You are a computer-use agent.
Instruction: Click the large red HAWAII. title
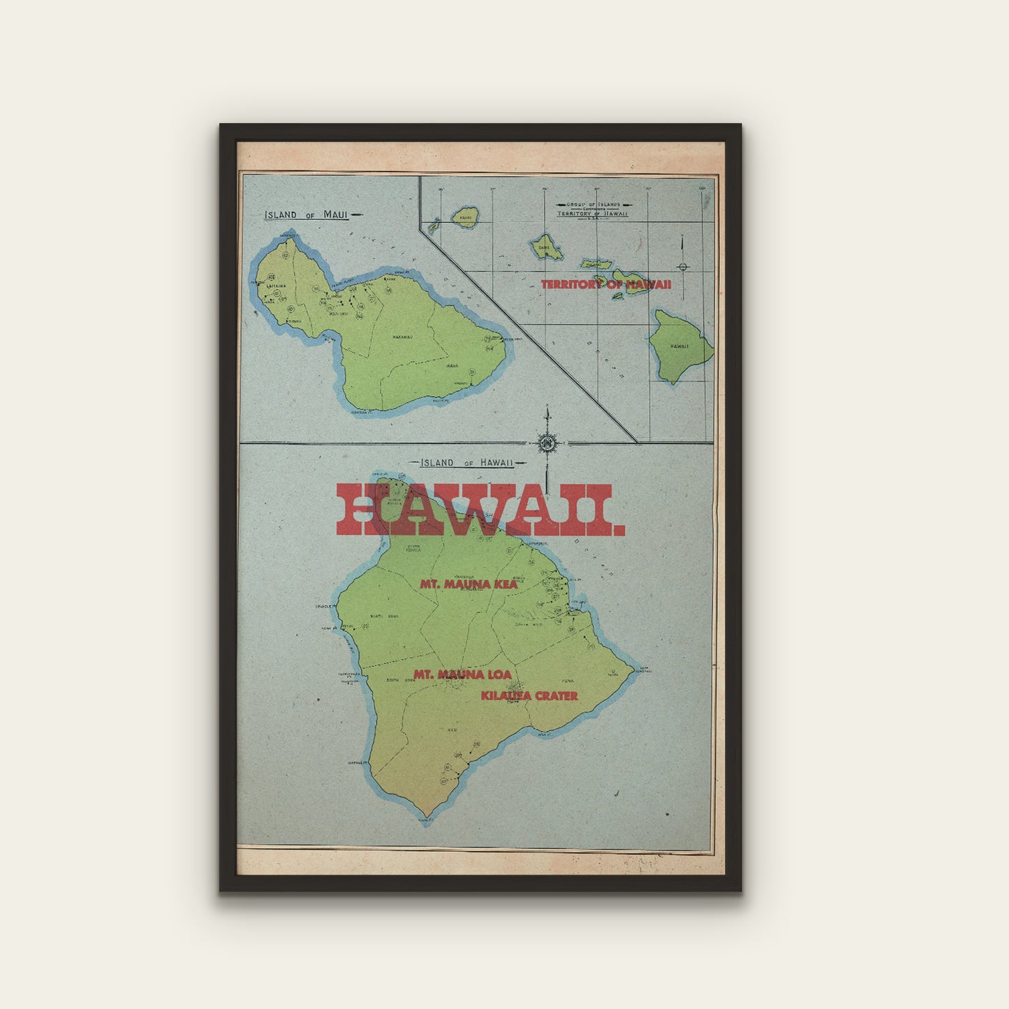[x=480, y=510]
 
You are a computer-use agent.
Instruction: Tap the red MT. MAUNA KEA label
[x=469, y=584]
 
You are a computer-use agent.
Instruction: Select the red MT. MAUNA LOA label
[x=462, y=675]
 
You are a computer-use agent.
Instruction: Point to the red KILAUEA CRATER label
[x=529, y=695]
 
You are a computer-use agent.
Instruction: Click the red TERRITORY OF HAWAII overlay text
[x=606, y=284]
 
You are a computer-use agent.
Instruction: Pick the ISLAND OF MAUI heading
[x=306, y=215]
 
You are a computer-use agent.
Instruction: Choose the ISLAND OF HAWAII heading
[x=467, y=462]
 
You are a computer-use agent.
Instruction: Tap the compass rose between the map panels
[x=547, y=443]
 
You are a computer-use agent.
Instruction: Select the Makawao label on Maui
[x=402, y=337]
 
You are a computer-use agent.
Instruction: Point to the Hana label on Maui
[x=452, y=365]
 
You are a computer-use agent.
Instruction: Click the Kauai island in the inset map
[x=465, y=216]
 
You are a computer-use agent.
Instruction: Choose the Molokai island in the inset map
[x=596, y=264]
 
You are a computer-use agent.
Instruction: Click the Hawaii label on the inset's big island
[x=679, y=346]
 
